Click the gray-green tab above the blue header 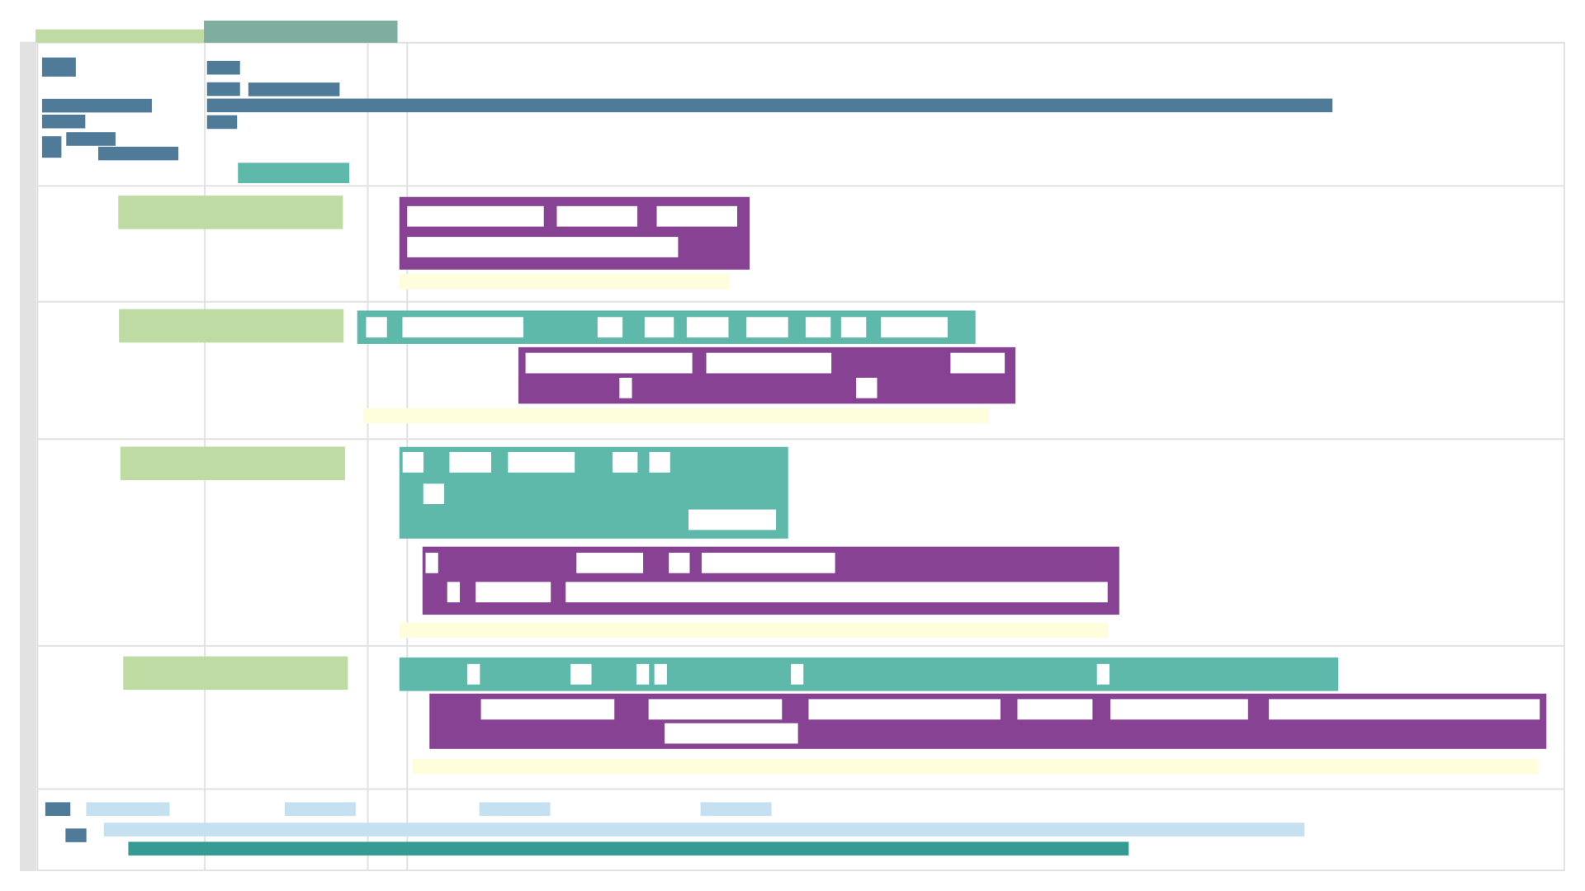tap(300, 31)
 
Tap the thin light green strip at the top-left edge tap(119, 35)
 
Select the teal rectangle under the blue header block tap(302, 173)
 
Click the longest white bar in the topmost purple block tap(542, 247)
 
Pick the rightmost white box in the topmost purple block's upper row tap(697, 216)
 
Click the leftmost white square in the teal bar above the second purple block tap(376, 328)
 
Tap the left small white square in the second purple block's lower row tap(626, 388)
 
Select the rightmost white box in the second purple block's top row tap(977, 363)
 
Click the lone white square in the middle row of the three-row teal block tap(433, 494)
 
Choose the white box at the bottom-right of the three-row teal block tap(732, 520)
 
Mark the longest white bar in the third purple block tap(836, 592)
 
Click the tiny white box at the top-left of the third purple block tap(432, 563)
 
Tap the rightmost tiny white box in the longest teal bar tap(1103, 674)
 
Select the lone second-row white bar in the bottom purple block tap(731, 733)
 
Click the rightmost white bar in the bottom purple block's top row tap(1403, 709)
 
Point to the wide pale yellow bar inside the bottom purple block tap(974, 773)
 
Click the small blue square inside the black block tap(76, 835)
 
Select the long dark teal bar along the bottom tap(627, 856)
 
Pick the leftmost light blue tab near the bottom tap(128, 812)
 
